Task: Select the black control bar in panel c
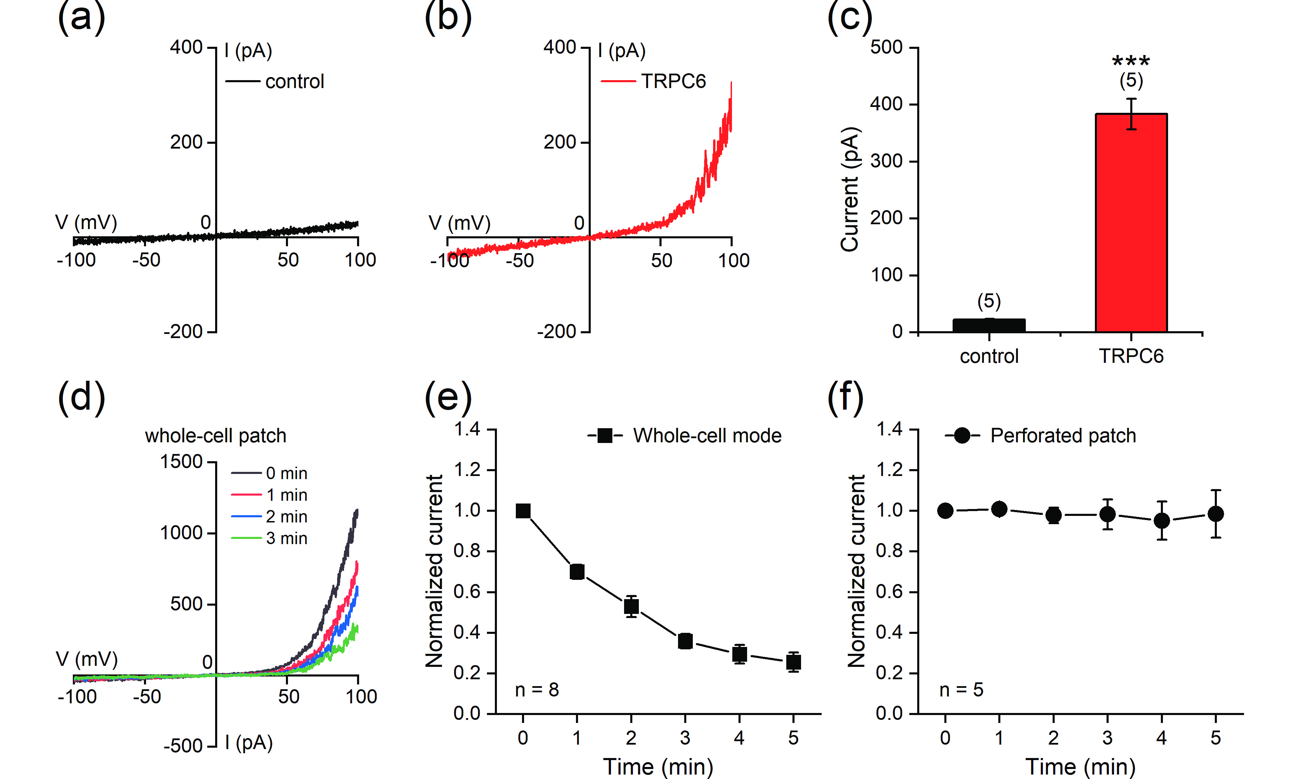pyautogui.click(x=989, y=325)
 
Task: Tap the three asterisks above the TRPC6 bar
pyautogui.click(x=1131, y=62)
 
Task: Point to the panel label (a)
pyautogui.click(x=81, y=17)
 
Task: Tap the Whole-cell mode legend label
pyautogui.click(x=707, y=436)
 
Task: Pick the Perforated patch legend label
pyautogui.click(x=1063, y=436)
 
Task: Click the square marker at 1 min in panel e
pyautogui.click(x=577, y=572)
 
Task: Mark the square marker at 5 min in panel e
pyautogui.click(x=793, y=662)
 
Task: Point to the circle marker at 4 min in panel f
pyautogui.click(x=1162, y=521)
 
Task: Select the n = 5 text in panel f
pyautogui.click(x=961, y=690)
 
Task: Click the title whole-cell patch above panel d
pyautogui.click(x=215, y=436)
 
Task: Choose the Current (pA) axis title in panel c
pyautogui.click(x=849, y=189)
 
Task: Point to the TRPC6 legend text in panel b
pyautogui.click(x=673, y=82)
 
